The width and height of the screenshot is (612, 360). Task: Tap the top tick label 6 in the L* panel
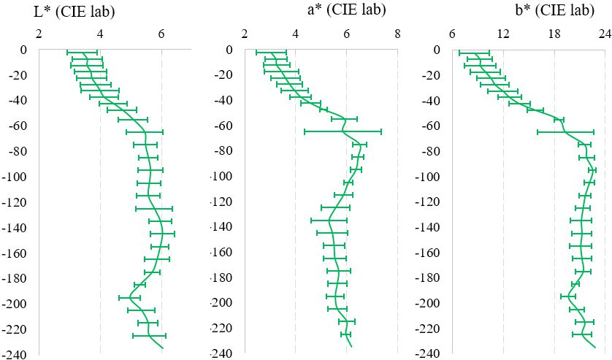pos(161,34)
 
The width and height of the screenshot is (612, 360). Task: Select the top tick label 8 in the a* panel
pos(397,34)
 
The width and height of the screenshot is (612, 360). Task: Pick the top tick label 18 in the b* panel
pos(554,34)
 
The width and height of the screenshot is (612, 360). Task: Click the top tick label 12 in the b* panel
pos(503,34)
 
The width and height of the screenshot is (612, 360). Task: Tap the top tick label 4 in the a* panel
pos(296,34)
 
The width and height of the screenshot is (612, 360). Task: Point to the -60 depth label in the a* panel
pos(223,126)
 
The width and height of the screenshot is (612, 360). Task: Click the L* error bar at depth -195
pos(129,297)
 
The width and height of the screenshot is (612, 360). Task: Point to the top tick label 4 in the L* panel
pos(99,34)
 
